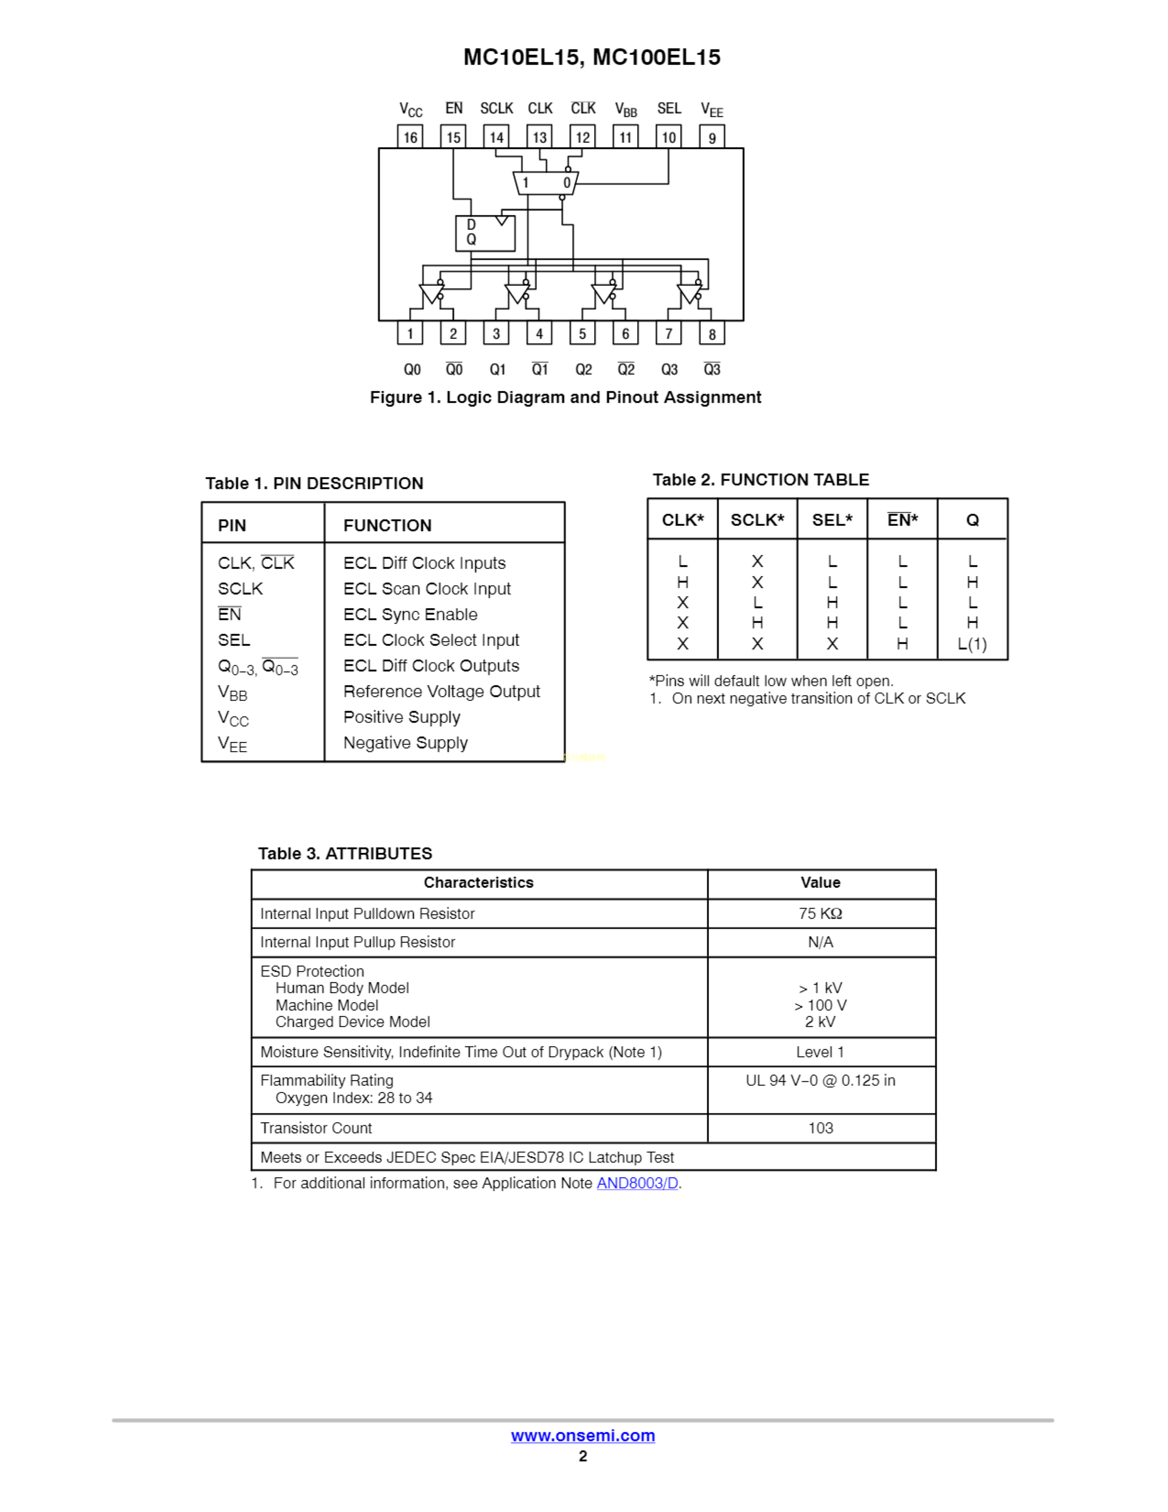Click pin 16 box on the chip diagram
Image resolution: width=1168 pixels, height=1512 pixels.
tap(410, 137)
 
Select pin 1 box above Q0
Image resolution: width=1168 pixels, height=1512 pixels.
tap(410, 333)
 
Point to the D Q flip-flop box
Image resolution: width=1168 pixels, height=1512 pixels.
tap(485, 233)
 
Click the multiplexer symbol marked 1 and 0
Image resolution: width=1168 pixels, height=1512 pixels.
tap(545, 183)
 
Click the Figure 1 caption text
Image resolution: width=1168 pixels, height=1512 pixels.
tap(565, 397)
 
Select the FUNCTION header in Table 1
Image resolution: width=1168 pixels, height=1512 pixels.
tap(388, 526)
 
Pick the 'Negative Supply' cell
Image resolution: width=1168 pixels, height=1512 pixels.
tap(405, 743)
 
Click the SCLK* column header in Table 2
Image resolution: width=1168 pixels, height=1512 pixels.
tap(757, 520)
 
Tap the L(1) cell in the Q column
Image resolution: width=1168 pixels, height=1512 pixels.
tap(972, 644)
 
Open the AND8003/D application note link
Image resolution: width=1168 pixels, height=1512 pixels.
tap(637, 1183)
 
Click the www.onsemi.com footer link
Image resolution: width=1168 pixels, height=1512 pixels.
tap(583, 1436)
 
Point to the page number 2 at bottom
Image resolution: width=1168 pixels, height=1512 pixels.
tap(583, 1456)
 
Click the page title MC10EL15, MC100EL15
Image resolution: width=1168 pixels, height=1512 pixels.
tap(592, 57)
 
